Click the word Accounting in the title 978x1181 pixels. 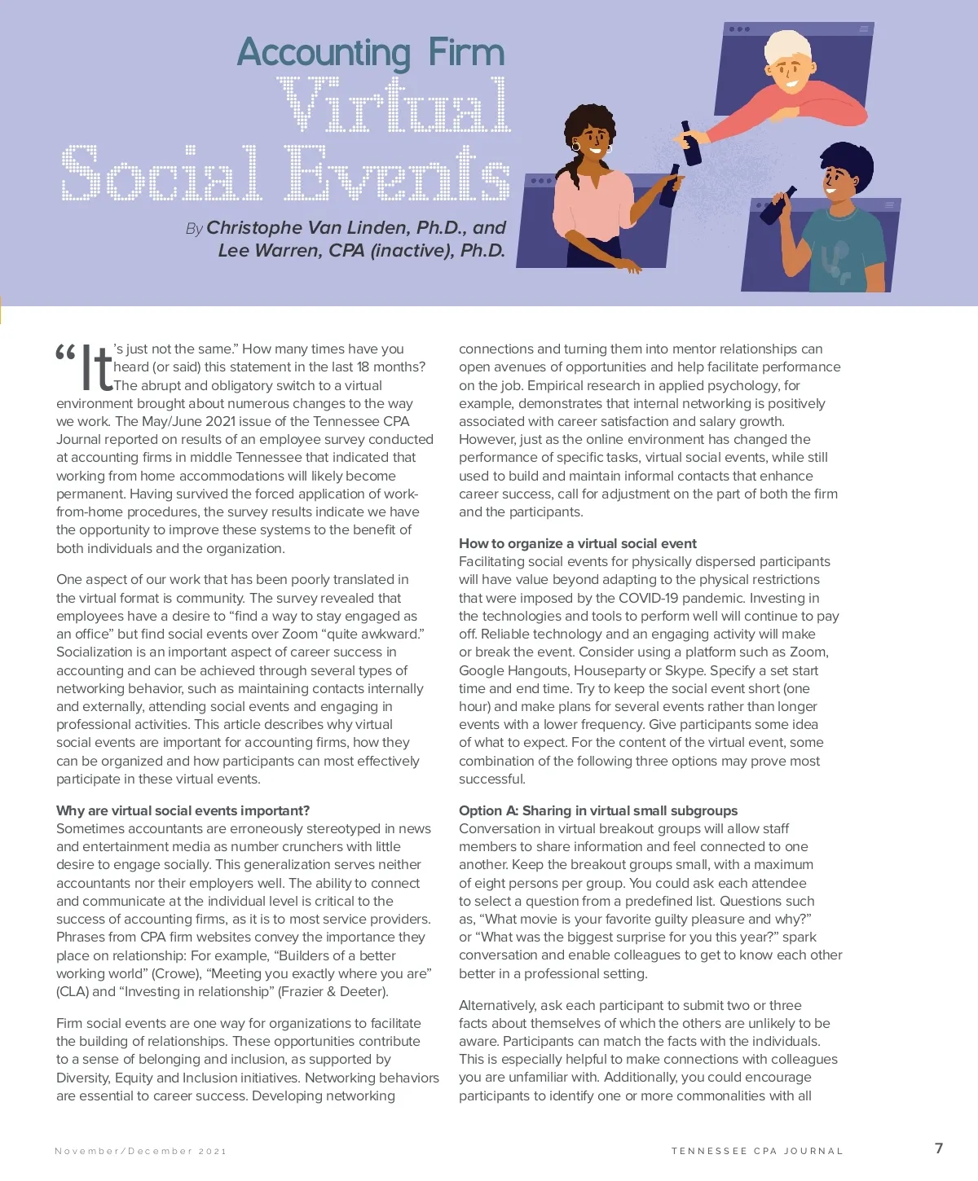point(324,53)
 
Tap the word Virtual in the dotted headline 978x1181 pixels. point(394,106)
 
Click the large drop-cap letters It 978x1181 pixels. point(95,368)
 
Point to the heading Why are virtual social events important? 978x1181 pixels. point(183,810)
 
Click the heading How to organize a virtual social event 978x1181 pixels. point(577,543)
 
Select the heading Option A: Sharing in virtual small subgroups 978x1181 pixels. point(597,810)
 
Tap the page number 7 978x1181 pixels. point(939,1148)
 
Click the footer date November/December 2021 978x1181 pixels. point(140,1151)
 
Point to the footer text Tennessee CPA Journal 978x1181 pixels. point(757,1151)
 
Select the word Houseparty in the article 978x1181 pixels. point(609,670)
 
